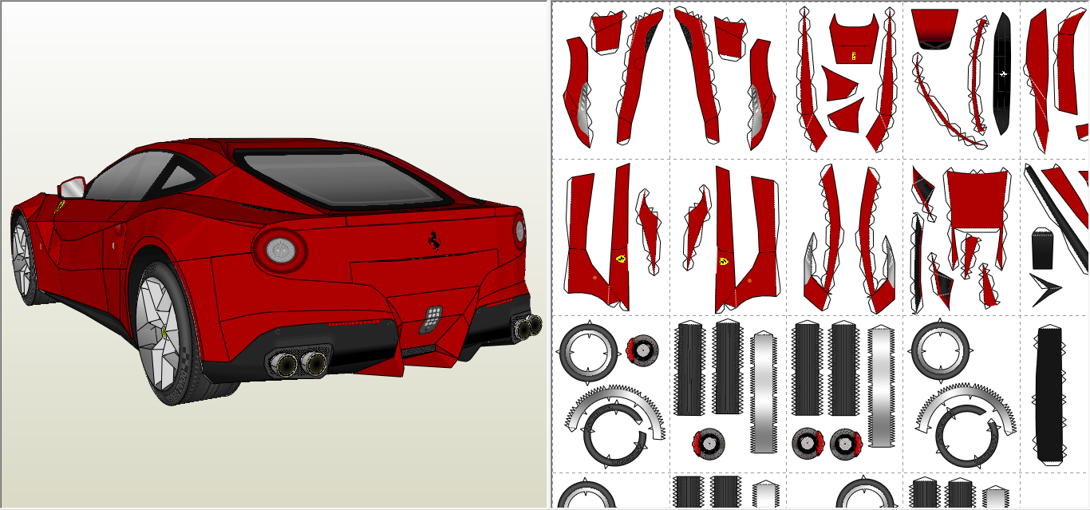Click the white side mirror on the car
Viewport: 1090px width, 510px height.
pyautogui.click(x=73, y=188)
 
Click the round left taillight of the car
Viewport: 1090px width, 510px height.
pyautogui.click(x=280, y=251)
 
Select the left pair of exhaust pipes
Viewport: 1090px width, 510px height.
pyautogui.click(x=300, y=364)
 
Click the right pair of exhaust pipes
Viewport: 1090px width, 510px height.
pyautogui.click(x=527, y=326)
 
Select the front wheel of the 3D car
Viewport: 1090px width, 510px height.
pyautogui.click(x=23, y=259)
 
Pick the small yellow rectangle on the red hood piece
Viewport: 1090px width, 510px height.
pyautogui.click(x=854, y=56)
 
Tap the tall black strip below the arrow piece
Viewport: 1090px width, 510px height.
pyautogui.click(x=1049, y=395)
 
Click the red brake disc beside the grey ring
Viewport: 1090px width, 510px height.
pyautogui.click(x=642, y=349)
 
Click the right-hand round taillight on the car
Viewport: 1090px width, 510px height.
pyautogui.click(x=519, y=231)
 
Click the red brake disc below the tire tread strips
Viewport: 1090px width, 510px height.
pyautogui.click(x=708, y=443)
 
